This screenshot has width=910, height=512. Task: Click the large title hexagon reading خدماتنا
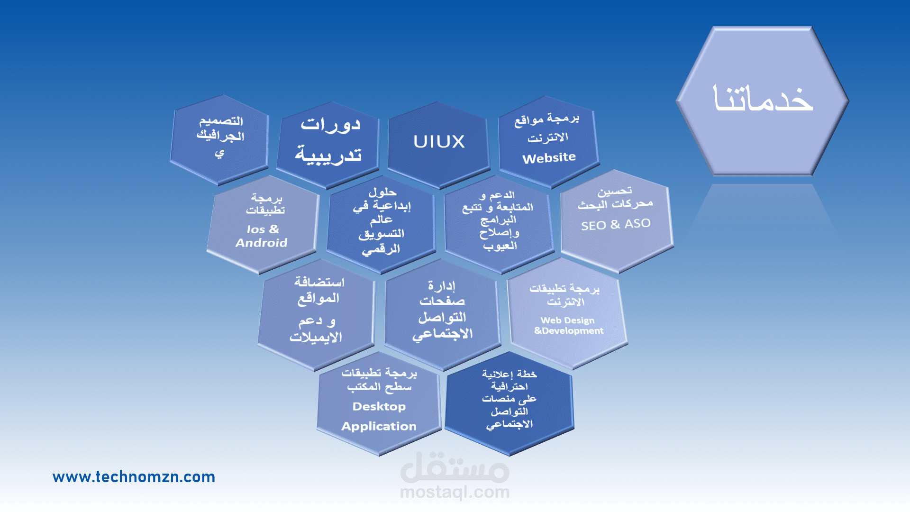(x=762, y=101)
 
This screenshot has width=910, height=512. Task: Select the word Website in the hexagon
(x=549, y=158)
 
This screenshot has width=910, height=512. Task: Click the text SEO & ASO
(x=616, y=224)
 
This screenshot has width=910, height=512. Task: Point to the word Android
(x=261, y=243)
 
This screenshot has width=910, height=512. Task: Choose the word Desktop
(x=379, y=406)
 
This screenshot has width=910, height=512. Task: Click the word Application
(x=379, y=426)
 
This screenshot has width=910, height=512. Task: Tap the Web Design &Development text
(x=568, y=326)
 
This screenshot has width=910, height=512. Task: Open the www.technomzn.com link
(x=134, y=476)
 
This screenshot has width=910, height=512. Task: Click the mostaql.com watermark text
(x=455, y=493)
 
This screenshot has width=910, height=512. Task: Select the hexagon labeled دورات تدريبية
(x=328, y=144)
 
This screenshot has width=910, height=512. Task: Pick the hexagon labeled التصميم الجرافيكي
(x=219, y=139)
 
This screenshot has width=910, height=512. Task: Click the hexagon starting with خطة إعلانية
(x=509, y=403)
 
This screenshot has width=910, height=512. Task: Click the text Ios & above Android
(x=263, y=229)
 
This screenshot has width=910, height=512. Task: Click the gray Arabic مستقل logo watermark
(x=455, y=467)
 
